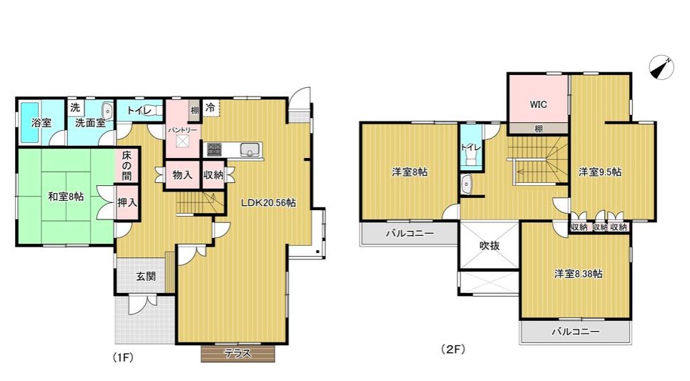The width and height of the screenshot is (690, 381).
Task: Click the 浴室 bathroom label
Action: click(x=41, y=123)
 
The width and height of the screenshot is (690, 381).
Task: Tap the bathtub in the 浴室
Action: click(x=30, y=122)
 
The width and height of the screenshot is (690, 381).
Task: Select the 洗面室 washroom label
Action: click(x=91, y=123)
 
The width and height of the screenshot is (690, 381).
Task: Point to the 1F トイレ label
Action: click(x=139, y=110)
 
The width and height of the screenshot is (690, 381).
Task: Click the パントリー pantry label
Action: click(x=183, y=130)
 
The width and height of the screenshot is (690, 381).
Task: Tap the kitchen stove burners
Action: click(x=214, y=149)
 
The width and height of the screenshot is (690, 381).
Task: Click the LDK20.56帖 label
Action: click(x=268, y=203)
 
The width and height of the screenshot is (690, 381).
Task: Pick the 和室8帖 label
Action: click(x=66, y=197)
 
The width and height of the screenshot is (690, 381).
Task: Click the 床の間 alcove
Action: click(x=127, y=165)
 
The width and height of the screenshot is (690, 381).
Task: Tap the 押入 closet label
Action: click(x=127, y=203)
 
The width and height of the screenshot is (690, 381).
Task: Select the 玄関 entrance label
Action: click(x=146, y=277)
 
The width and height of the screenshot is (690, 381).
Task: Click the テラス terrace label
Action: click(x=237, y=353)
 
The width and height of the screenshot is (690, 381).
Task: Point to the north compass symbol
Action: click(x=661, y=68)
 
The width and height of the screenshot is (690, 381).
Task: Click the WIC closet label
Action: click(x=538, y=104)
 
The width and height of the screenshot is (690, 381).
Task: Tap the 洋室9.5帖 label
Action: click(x=600, y=172)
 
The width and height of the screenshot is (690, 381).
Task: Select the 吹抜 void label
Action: click(x=489, y=245)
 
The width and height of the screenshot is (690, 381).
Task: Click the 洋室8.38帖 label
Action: click(x=578, y=274)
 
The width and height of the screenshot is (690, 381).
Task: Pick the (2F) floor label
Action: click(x=453, y=350)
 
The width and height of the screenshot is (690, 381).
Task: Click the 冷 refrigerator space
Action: click(x=210, y=107)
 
